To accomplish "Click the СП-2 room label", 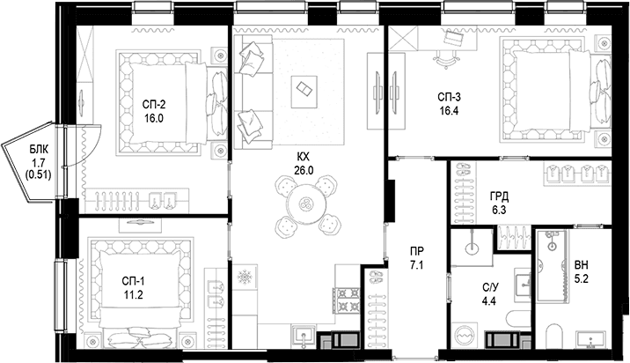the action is click(153, 105).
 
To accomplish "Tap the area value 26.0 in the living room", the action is click(304, 171).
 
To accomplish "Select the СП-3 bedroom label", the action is click(450, 97).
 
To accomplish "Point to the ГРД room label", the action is click(499, 196).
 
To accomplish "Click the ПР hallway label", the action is click(417, 252).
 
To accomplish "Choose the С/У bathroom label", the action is click(490, 287).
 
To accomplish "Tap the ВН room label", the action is click(582, 265).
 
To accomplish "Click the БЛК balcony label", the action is click(39, 150).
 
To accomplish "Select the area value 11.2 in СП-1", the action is click(134, 295).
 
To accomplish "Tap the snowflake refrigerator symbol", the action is click(244, 278).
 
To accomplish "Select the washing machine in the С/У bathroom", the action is click(465, 335).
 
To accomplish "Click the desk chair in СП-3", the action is click(446, 60).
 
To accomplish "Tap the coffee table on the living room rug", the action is click(304, 92).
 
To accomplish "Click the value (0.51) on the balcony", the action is click(38, 175).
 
